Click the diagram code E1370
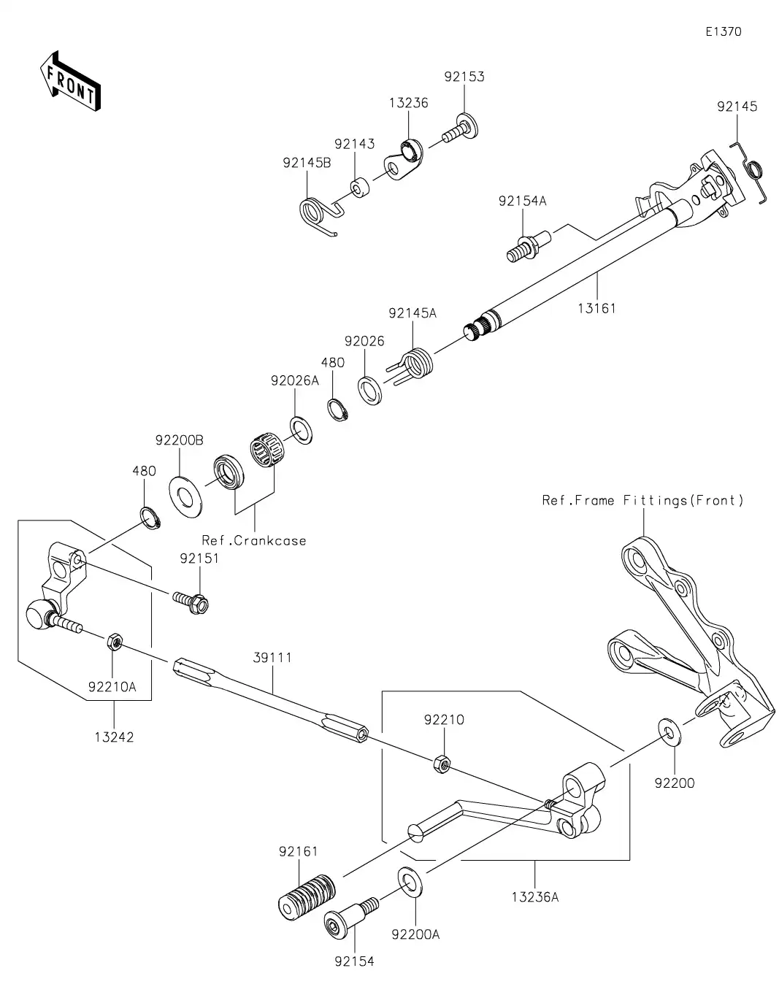pyautogui.click(x=724, y=31)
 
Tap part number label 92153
pyautogui.click(x=464, y=77)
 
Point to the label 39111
pyautogui.click(x=272, y=657)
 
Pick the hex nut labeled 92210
pyautogui.click(x=440, y=764)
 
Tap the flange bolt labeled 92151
pyautogui.click(x=191, y=601)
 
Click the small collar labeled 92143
pyautogui.click(x=359, y=188)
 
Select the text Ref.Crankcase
pyautogui.click(x=254, y=541)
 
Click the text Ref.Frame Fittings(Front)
pyautogui.click(x=642, y=500)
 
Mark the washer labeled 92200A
pyautogui.click(x=410, y=882)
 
